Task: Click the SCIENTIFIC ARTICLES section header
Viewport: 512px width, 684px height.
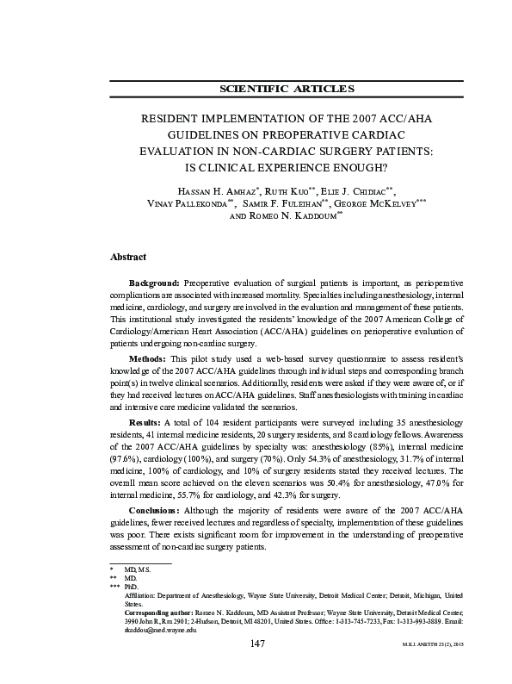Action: click(x=287, y=89)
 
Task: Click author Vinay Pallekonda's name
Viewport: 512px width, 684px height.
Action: click(x=184, y=202)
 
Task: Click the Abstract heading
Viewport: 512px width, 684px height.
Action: click(x=128, y=257)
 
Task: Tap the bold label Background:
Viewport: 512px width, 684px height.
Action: click(x=154, y=283)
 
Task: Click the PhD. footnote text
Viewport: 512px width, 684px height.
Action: click(x=131, y=586)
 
